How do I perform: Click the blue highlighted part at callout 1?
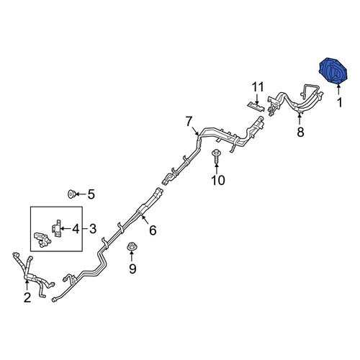(x=333, y=71)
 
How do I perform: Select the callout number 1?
(x=339, y=103)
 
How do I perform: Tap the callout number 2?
(x=27, y=297)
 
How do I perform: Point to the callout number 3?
(x=93, y=229)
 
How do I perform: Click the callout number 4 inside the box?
(x=76, y=229)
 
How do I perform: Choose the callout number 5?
(x=91, y=194)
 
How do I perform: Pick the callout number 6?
(x=153, y=230)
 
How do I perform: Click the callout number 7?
(x=189, y=122)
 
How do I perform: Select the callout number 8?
(x=300, y=132)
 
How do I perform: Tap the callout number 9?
(x=132, y=269)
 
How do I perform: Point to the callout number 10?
(x=218, y=180)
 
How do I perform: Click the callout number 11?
(x=258, y=87)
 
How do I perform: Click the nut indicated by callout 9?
(x=131, y=246)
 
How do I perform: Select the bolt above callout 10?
(x=216, y=157)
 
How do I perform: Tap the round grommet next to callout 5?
(x=71, y=194)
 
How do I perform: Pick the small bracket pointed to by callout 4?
(x=56, y=228)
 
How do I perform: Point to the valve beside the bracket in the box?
(x=42, y=240)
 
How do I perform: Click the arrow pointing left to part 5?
(x=81, y=194)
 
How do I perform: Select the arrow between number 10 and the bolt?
(x=217, y=168)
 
